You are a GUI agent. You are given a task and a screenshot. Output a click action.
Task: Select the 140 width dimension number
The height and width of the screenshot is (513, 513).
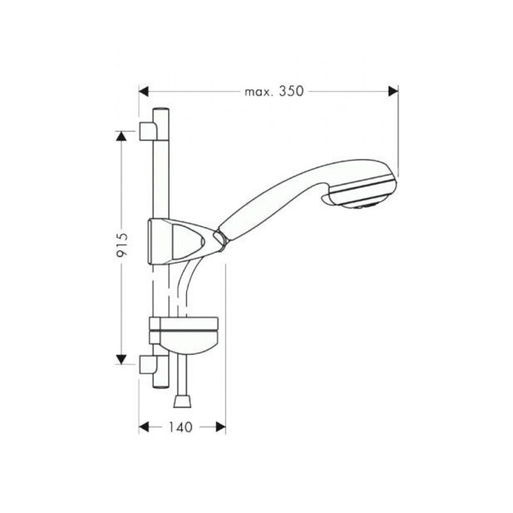tap(181, 427)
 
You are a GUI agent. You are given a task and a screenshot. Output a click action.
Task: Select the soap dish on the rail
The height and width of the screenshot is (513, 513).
tap(186, 334)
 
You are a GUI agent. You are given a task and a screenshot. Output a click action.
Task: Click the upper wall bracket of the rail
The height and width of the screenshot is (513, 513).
tap(147, 131)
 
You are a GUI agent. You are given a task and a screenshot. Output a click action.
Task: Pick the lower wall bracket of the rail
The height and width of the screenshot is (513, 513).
tap(147, 365)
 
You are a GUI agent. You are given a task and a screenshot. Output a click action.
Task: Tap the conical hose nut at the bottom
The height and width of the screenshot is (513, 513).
tap(183, 402)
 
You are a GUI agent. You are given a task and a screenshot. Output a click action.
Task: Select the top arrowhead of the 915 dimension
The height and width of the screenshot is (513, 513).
tap(121, 136)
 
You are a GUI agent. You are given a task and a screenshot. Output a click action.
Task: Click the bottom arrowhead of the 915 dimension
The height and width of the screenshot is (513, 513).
tap(121, 359)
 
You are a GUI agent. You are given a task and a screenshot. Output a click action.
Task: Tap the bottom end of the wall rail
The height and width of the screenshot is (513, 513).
tap(160, 384)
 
